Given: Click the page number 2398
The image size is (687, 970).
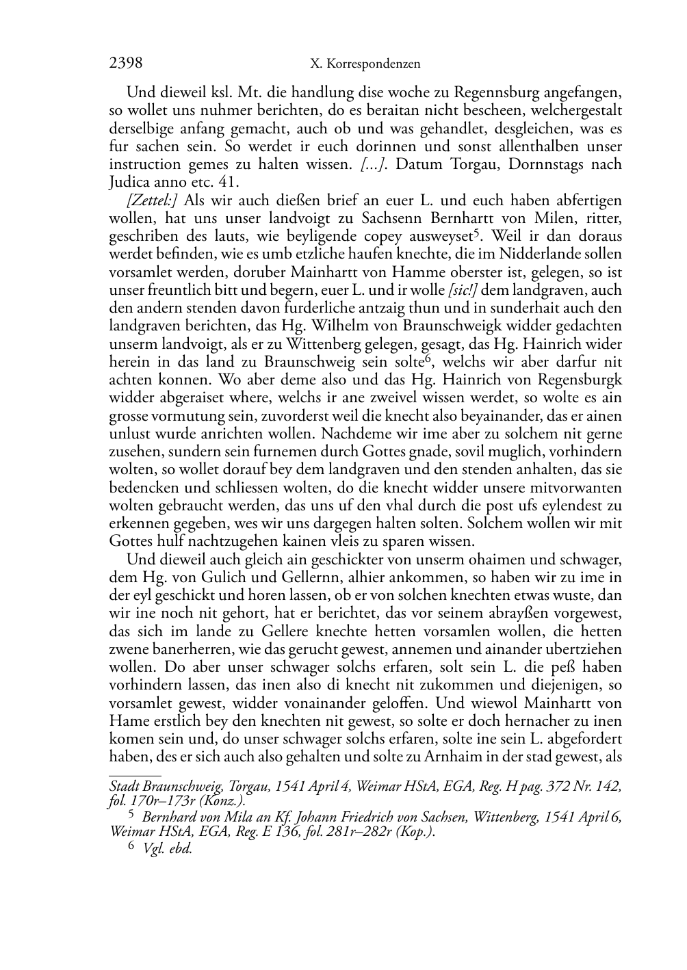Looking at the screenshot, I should click(126, 64).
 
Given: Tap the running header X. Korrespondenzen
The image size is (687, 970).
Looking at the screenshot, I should click(365, 64).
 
